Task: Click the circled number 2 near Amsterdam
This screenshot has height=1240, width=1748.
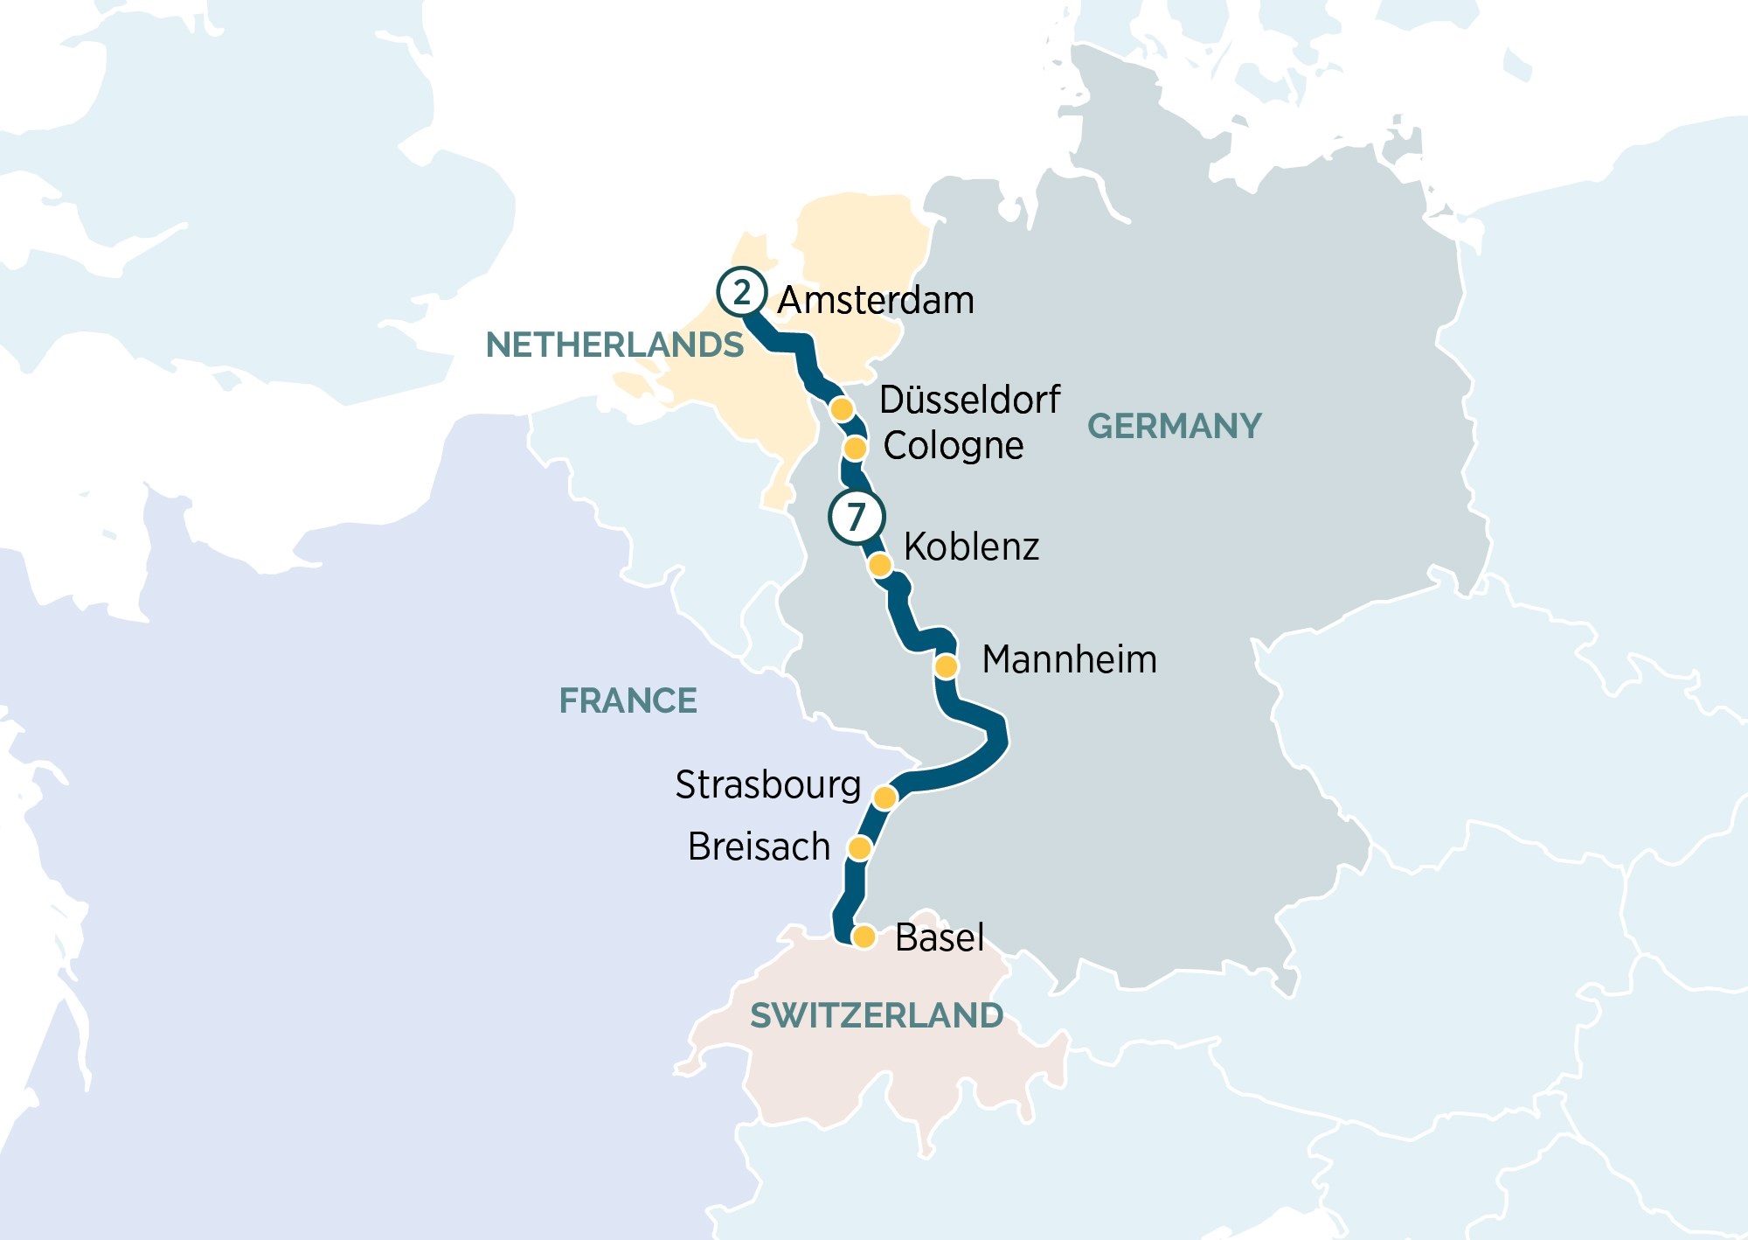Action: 741,292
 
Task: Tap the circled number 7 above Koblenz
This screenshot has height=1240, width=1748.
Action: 856,517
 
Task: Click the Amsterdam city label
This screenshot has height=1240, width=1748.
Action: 876,300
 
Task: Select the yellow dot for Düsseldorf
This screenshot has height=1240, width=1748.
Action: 842,408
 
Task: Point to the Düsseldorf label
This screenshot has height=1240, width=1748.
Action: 969,400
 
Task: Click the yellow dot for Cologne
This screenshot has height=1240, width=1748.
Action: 855,449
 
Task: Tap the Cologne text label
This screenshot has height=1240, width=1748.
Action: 953,446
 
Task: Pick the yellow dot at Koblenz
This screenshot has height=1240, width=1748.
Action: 880,565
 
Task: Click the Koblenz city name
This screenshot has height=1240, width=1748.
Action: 971,547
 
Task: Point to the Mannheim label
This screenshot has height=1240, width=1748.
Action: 1069,659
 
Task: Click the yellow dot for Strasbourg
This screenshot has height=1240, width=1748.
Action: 884,798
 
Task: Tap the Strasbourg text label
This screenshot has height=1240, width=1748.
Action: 767,785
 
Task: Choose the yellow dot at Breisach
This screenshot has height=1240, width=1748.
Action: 860,848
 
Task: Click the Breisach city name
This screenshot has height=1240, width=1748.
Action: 759,846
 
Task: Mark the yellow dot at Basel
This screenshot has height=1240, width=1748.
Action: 864,937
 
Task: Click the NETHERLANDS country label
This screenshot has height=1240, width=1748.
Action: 614,345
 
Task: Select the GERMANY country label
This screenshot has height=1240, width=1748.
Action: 1174,427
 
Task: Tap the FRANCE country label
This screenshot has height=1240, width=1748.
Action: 628,701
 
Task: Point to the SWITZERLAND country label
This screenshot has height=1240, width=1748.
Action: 877,1016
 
